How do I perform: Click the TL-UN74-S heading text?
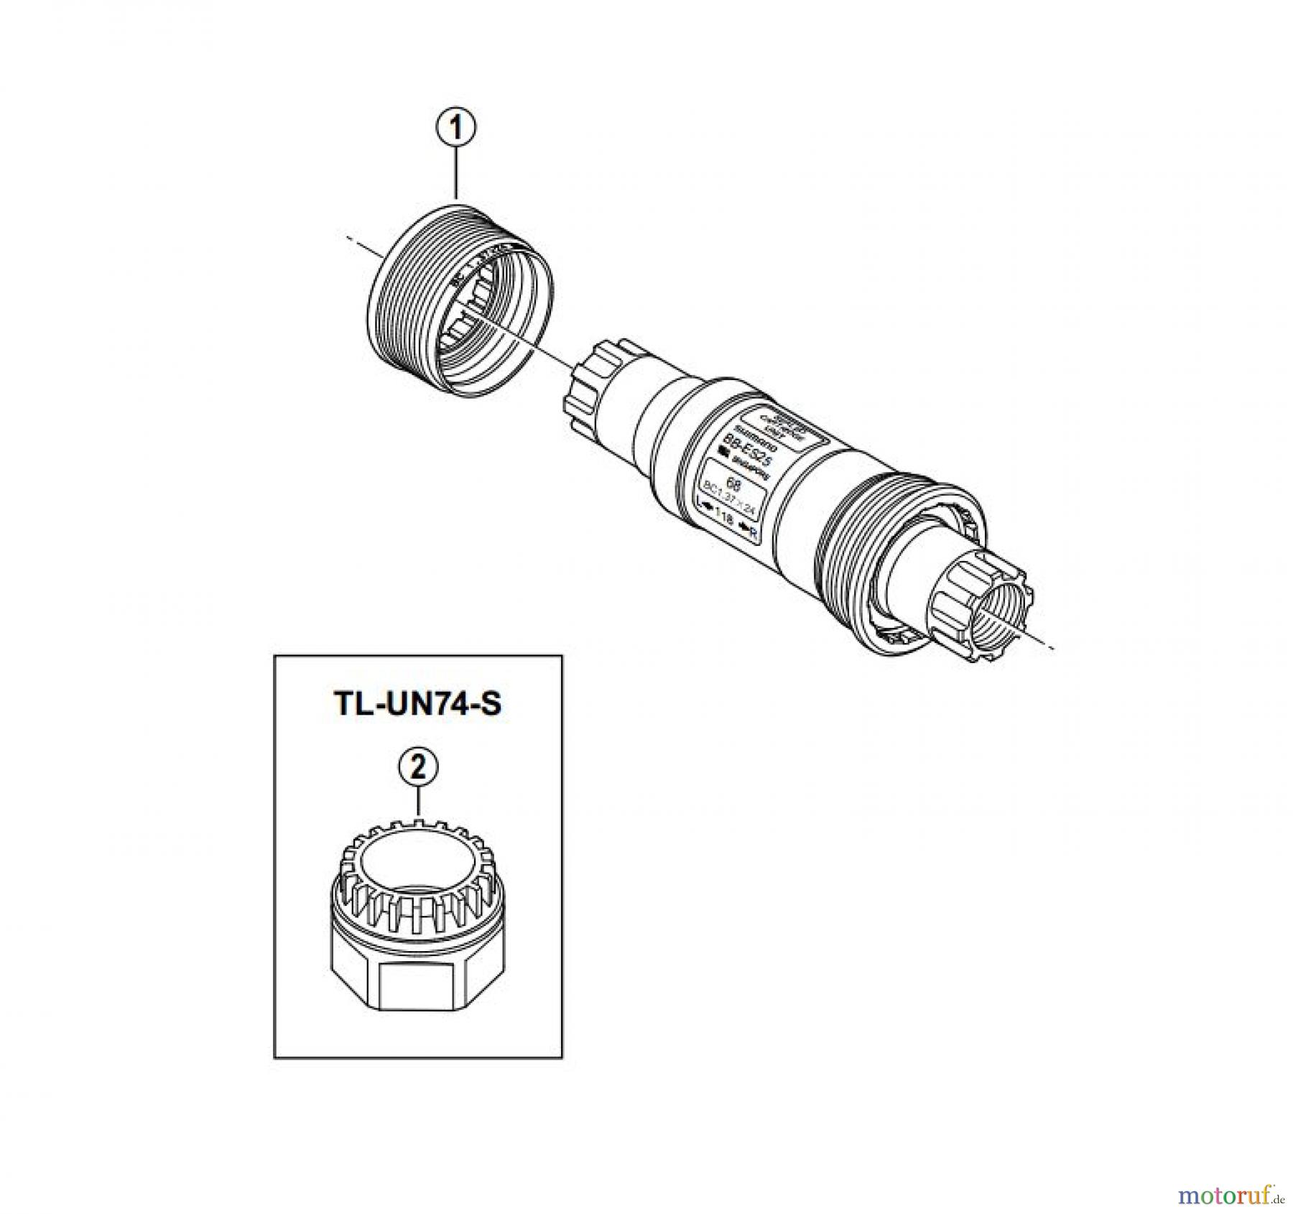(x=418, y=703)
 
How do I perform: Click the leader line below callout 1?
(x=456, y=172)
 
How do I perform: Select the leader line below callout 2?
(x=418, y=801)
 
